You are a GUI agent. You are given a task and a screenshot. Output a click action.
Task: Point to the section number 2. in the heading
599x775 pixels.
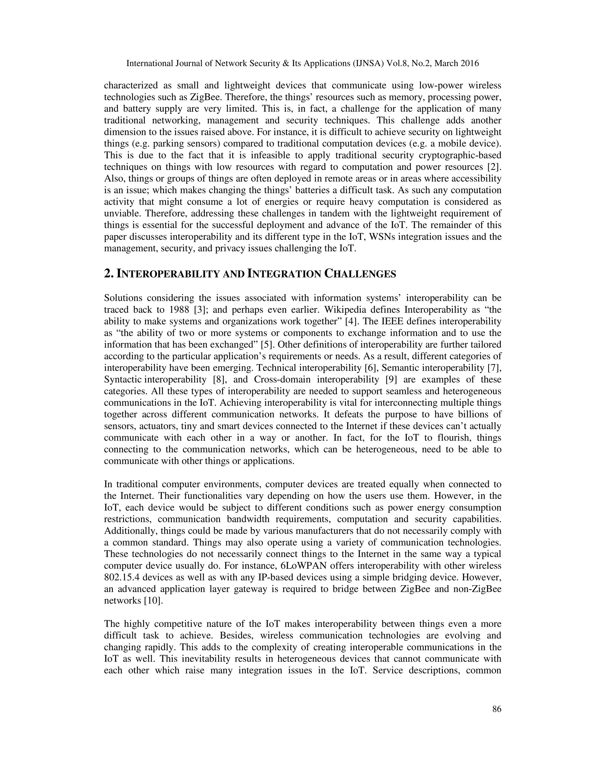tap(108, 274)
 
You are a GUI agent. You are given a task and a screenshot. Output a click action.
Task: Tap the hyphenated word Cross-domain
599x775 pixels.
tap(282, 380)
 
